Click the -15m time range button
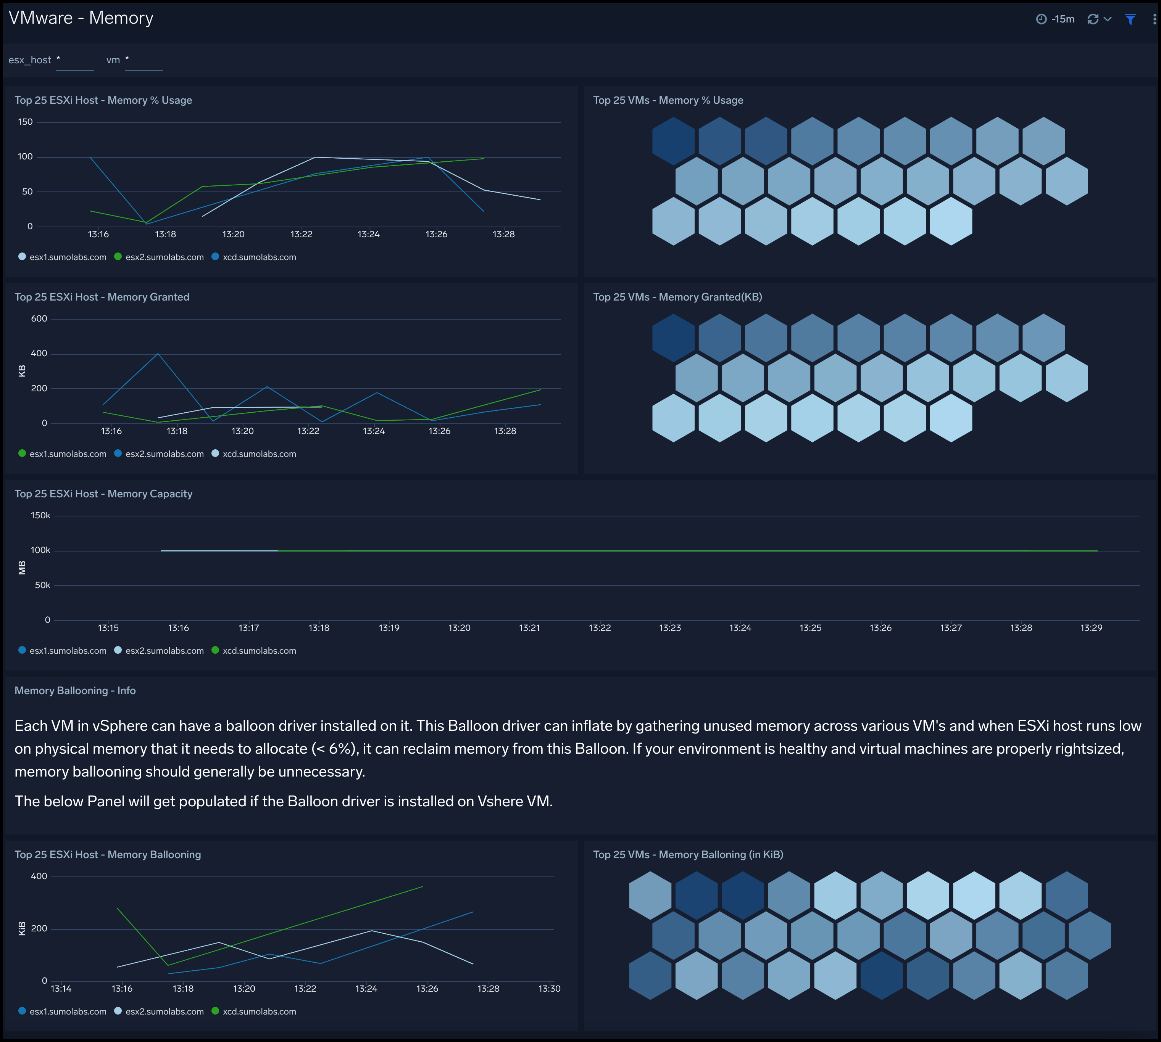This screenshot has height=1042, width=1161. [1056, 19]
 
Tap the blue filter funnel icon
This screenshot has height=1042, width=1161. [1130, 19]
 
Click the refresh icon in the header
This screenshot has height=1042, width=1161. [1093, 19]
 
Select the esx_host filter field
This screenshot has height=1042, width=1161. [74, 60]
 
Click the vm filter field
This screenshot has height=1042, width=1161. [143, 60]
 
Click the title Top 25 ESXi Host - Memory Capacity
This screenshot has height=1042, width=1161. [103, 494]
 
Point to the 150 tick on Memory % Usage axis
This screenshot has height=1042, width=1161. [25, 122]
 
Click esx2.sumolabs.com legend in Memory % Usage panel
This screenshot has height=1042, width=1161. [164, 257]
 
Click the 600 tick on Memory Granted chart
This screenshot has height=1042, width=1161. [39, 319]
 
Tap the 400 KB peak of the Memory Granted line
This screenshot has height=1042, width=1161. [158, 354]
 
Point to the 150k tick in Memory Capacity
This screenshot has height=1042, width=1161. [40, 516]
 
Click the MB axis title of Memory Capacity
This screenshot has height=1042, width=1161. [22, 568]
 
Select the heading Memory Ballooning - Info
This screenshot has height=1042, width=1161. [75, 690]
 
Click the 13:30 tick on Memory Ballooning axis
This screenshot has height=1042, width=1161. [549, 989]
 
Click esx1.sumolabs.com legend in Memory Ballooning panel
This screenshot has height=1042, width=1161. [68, 1011]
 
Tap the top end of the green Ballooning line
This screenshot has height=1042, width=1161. [422, 887]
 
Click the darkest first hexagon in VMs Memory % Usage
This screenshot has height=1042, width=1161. [673, 141]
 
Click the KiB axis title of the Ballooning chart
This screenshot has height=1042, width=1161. [22, 929]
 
